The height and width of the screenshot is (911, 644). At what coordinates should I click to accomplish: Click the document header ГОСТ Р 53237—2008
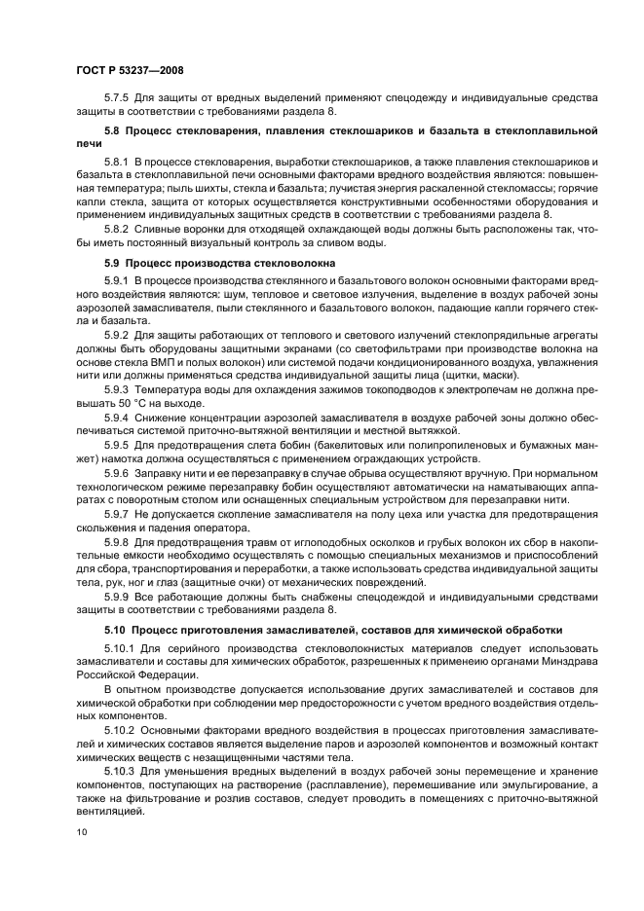tap(129, 71)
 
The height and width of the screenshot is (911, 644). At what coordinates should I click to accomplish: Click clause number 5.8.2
tap(119, 230)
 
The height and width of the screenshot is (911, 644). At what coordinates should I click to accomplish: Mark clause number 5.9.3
tap(119, 389)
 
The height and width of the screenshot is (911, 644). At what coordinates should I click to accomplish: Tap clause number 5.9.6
tap(119, 467)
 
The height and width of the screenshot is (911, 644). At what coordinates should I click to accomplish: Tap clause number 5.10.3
tap(122, 771)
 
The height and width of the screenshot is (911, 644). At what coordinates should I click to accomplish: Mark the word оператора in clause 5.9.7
tap(216, 523)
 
